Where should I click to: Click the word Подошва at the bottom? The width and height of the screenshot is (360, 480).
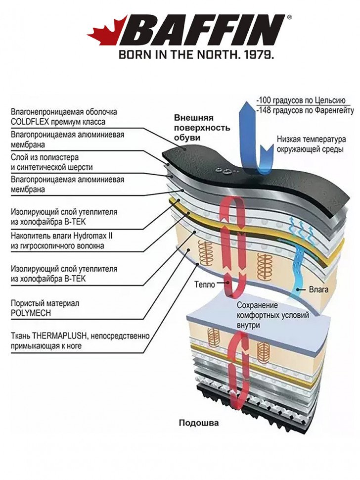pos(198,423)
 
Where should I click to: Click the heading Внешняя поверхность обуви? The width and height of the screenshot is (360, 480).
pos(202,127)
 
